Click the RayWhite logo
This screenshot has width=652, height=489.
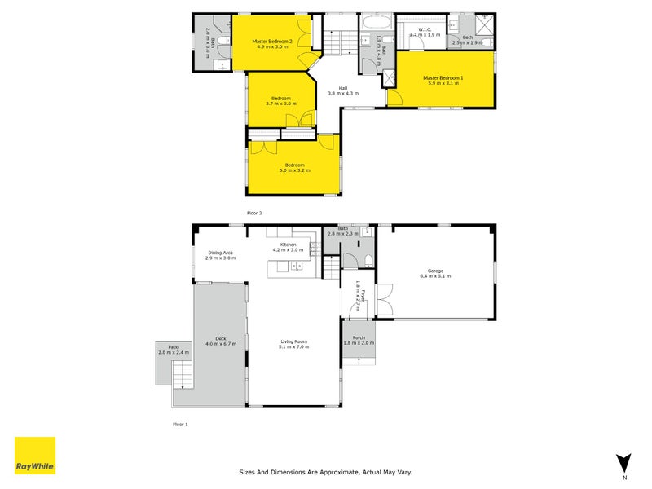35,456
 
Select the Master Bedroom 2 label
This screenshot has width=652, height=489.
271,41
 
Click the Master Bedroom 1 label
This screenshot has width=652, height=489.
443,78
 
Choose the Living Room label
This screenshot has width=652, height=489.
294,341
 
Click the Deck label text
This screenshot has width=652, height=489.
220,338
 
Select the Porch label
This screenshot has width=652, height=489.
358,337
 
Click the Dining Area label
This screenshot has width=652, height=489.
221,253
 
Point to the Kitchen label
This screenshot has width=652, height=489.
288,244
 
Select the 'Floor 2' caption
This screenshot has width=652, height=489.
254,213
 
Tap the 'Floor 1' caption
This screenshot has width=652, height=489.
180,425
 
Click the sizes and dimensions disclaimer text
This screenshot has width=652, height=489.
326,471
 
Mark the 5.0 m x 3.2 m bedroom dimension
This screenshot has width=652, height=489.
295,170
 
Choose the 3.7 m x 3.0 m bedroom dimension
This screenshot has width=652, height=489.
280,104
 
